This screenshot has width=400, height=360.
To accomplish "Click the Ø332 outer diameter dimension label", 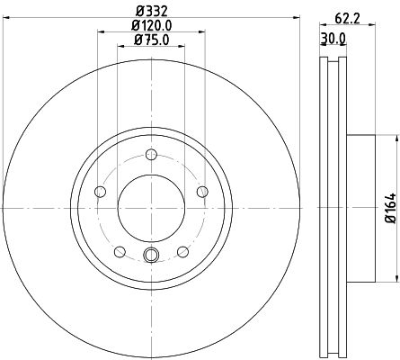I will (150, 10).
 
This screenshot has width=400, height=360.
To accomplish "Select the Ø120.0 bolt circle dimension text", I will (150, 25).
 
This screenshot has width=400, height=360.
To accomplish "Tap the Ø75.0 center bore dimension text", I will (150, 40).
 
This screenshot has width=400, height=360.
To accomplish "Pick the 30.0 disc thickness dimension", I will (334, 38).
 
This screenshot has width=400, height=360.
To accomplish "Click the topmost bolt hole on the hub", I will (150, 154).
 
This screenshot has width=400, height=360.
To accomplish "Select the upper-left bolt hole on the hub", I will (100, 190).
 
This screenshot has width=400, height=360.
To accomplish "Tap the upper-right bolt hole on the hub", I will (200, 190).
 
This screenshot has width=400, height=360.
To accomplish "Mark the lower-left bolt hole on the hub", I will (119, 250).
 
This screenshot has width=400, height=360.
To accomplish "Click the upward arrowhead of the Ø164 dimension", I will (394, 138).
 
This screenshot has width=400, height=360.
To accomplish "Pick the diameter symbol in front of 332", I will (136, 10).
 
